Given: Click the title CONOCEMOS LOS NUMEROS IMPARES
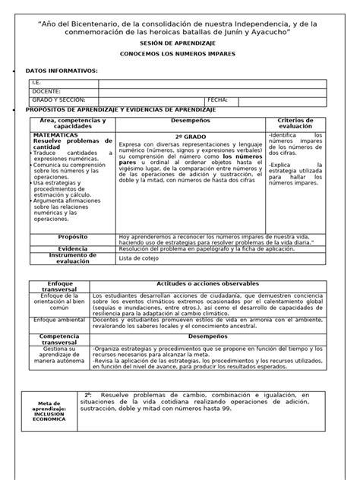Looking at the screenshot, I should [180, 56].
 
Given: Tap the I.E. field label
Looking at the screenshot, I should [36, 81].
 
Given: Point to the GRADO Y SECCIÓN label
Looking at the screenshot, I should [58, 99].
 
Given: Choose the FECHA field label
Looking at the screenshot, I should [217, 99].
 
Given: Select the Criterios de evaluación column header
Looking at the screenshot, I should [301, 124].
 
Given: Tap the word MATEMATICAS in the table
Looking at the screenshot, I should [55, 134].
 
